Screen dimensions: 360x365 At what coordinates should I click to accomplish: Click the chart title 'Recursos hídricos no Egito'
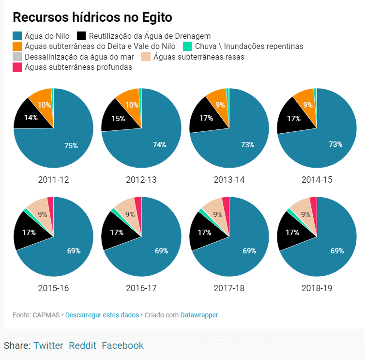92,17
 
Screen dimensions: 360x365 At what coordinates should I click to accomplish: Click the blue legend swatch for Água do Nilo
17,36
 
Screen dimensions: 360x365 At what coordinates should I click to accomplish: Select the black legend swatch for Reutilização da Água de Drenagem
81,36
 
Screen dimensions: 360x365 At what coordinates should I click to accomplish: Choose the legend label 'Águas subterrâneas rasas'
198,57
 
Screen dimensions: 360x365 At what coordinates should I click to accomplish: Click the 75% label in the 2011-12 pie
71,145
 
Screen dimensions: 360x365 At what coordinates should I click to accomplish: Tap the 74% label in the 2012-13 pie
159,144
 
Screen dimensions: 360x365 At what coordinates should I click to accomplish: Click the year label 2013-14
229,180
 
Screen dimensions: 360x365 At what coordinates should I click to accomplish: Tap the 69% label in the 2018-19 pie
337,250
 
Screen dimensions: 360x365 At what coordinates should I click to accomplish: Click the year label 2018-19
317,288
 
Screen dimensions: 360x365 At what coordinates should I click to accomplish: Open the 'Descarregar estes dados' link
102,315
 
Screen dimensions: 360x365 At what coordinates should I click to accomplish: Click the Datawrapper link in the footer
199,315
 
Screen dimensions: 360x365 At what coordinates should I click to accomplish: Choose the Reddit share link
82,345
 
